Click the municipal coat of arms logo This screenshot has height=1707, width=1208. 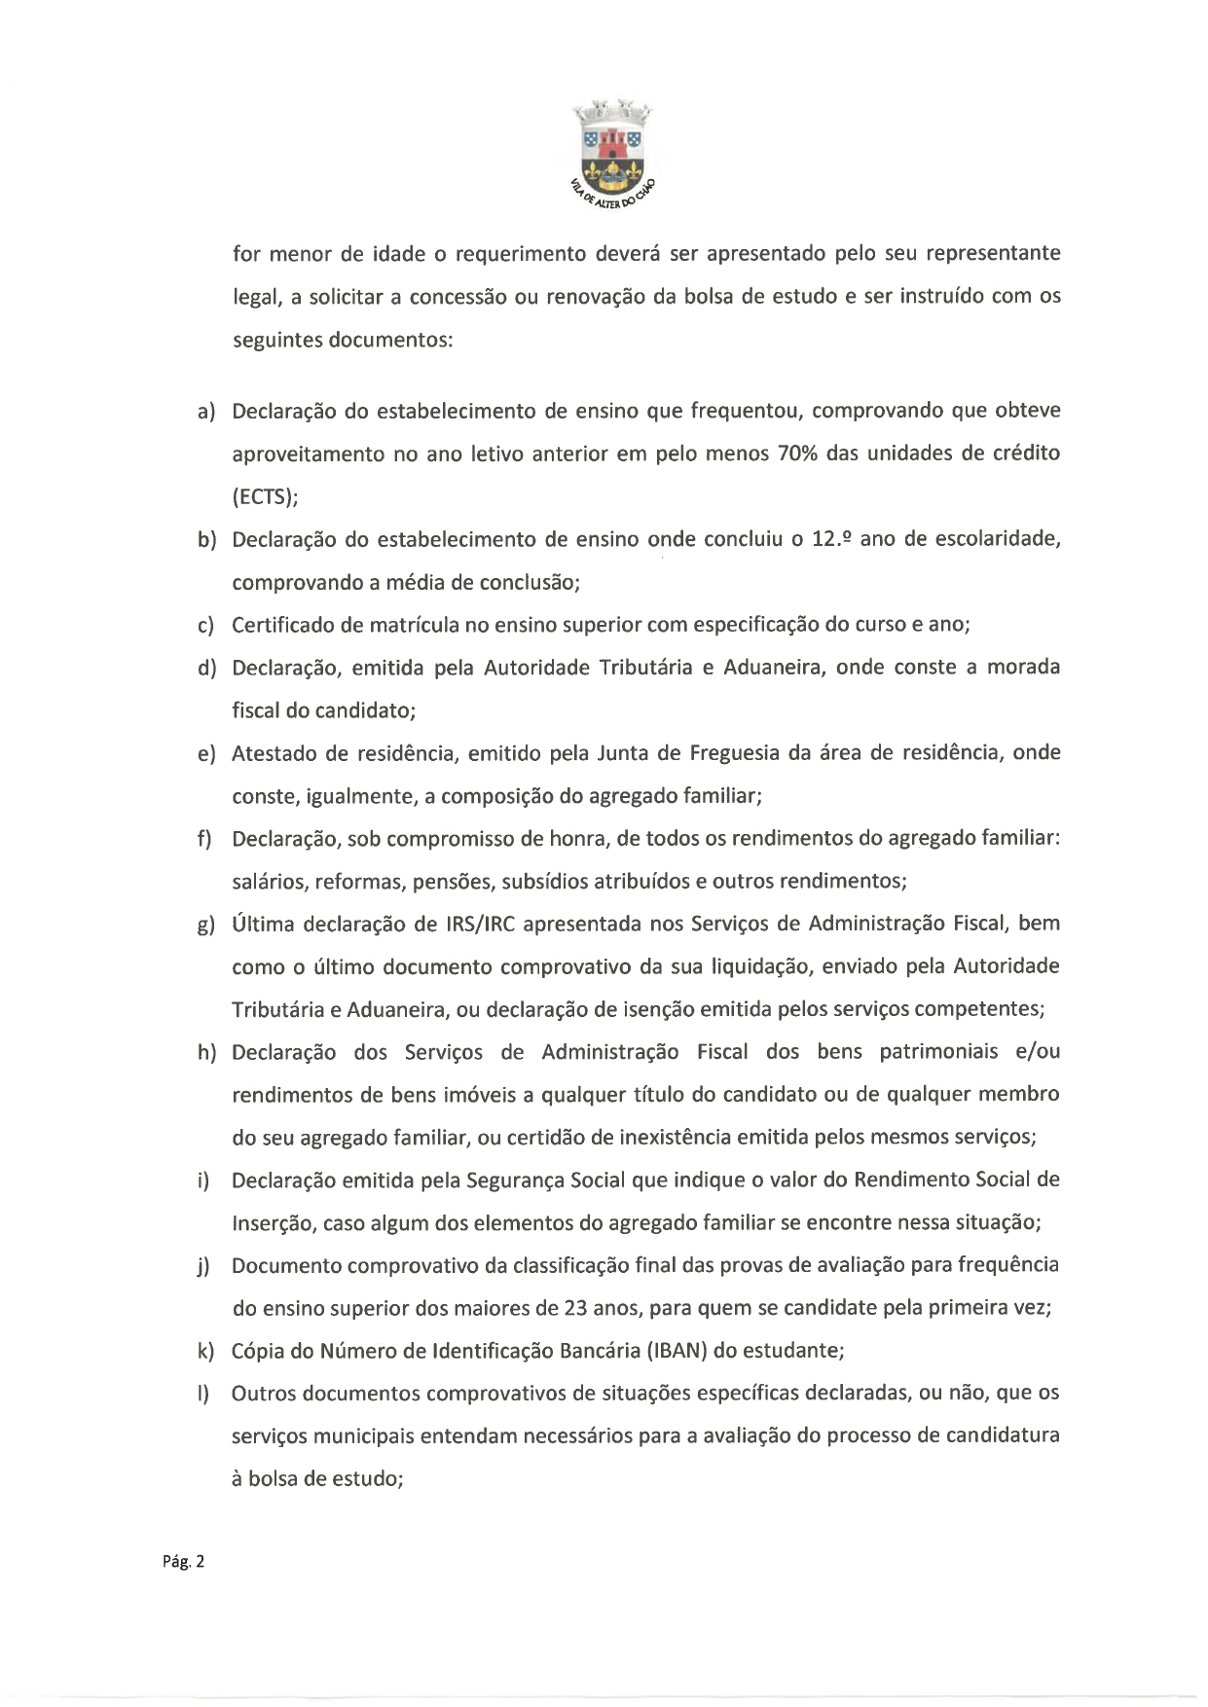tap(612, 152)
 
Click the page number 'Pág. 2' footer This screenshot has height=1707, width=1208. tap(184, 1562)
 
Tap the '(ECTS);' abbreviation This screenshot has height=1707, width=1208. tap(265, 496)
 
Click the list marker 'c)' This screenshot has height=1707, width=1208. tap(205, 626)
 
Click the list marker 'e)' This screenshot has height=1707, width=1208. tap(205, 754)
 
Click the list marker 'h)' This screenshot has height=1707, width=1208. tap(205, 1053)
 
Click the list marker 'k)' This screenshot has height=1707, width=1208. tap(205, 1352)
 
